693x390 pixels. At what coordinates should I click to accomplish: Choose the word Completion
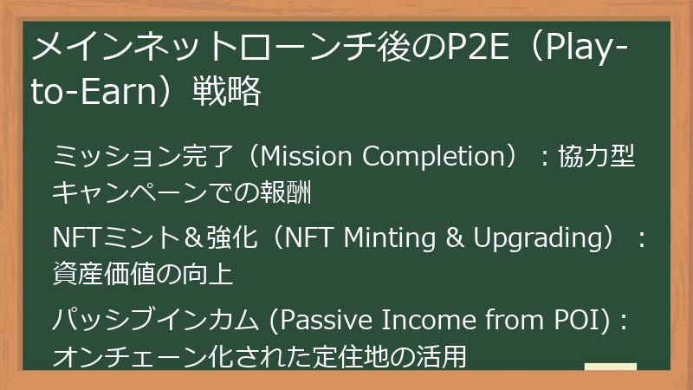437,158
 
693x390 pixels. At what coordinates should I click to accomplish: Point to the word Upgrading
537,238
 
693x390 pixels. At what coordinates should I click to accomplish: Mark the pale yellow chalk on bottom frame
610,367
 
